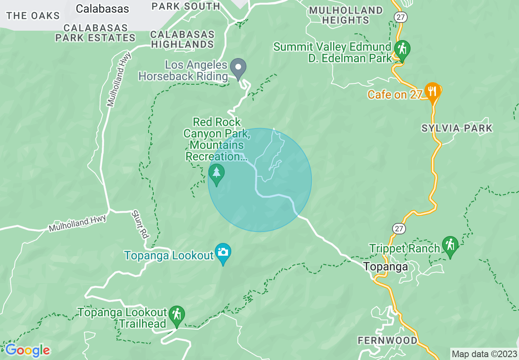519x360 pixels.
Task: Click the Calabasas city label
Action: point(102,9)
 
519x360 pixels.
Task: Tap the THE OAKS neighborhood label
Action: point(33,16)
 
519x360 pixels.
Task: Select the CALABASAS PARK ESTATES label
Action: point(95,33)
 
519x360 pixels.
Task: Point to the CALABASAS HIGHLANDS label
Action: point(182,39)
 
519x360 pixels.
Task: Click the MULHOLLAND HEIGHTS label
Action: point(346,15)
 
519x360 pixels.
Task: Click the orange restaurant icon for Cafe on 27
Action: point(432,90)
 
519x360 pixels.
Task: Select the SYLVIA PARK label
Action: point(457,128)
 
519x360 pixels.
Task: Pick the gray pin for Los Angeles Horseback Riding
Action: point(238,67)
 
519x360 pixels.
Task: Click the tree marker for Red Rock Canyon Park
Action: point(217,173)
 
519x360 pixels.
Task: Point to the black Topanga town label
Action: point(386,267)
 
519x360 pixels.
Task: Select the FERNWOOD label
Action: point(388,340)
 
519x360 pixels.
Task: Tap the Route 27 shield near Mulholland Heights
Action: point(399,16)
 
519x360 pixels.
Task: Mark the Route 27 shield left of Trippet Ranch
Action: point(399,228)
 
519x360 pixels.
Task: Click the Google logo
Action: point(27,350)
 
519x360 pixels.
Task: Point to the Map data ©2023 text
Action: point(484,354)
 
